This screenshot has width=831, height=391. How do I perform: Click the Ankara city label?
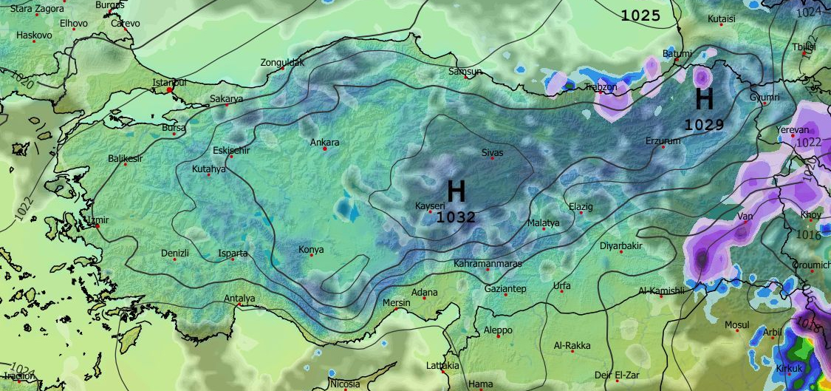324,142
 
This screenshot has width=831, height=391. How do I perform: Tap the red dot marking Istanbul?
169,89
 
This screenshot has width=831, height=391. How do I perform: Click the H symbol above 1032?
456,191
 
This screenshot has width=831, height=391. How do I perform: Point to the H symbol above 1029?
704,99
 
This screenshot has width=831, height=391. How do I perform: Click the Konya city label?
311,250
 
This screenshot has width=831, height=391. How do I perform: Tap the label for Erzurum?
662,140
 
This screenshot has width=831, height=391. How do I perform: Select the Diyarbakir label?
621,245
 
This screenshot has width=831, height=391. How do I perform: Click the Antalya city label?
239,299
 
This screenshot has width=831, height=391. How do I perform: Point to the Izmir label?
98,220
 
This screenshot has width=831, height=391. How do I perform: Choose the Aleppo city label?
497,330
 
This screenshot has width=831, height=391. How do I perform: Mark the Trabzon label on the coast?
601,87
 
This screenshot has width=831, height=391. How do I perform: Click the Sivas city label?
492,152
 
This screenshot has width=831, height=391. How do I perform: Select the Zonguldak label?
282,63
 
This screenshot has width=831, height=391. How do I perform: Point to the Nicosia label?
345,384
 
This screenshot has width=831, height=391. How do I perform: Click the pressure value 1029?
703,125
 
